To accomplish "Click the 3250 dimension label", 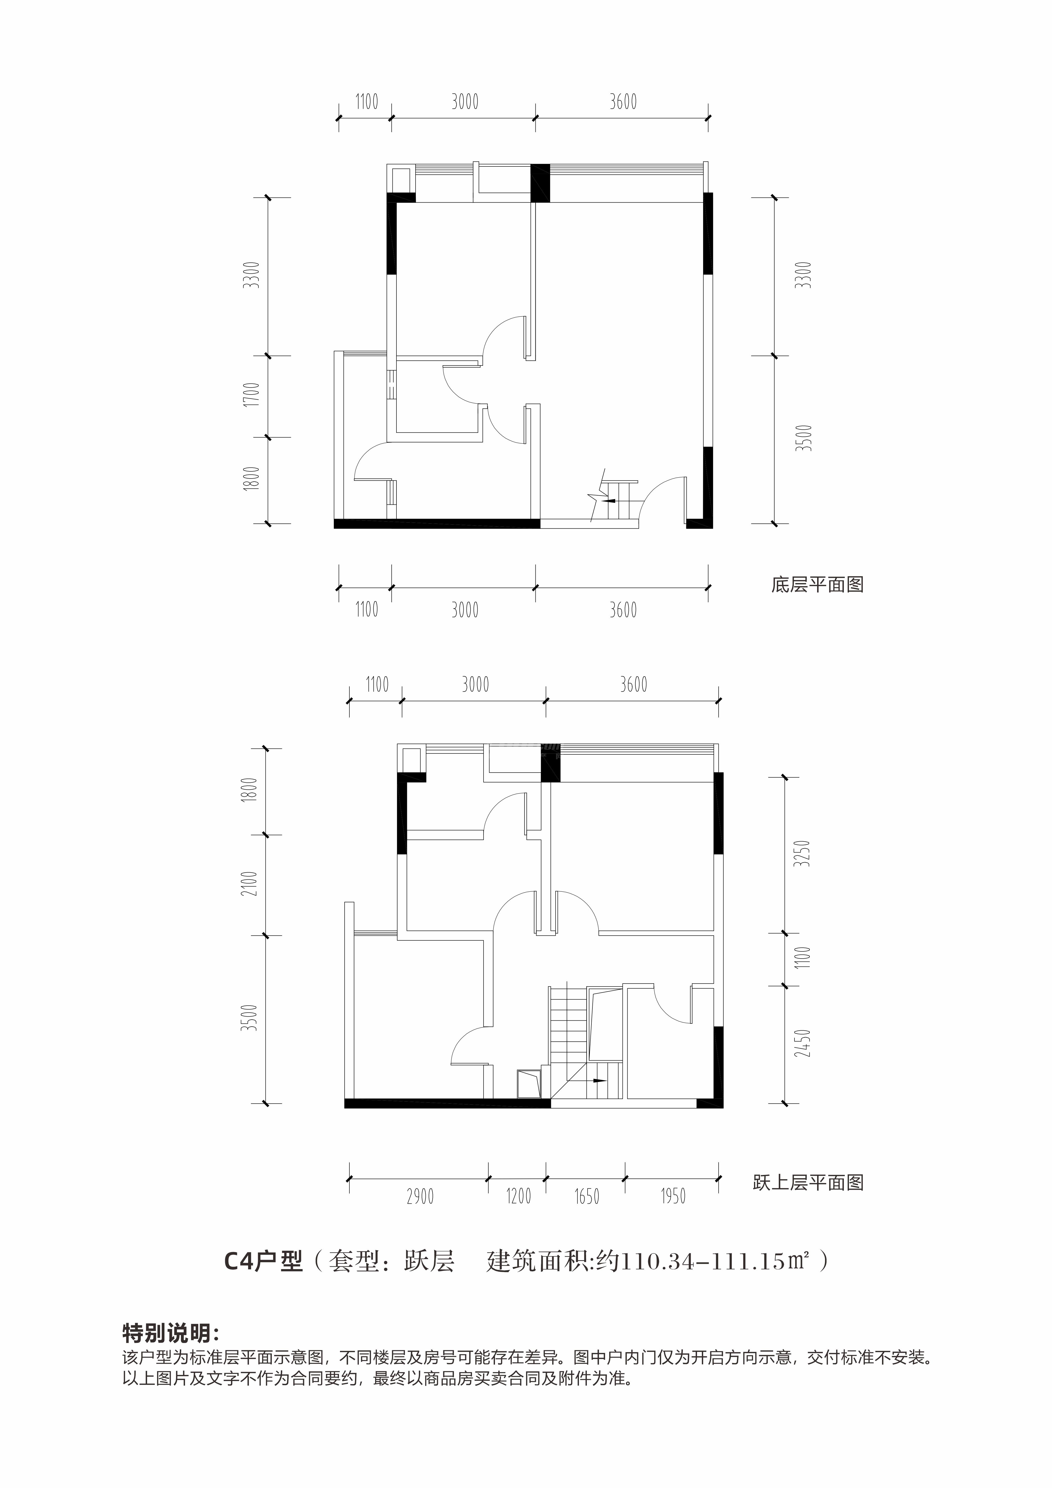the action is [803, 854].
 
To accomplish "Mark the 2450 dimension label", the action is [803, 1043].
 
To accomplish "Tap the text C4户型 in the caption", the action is [263, 1260].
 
